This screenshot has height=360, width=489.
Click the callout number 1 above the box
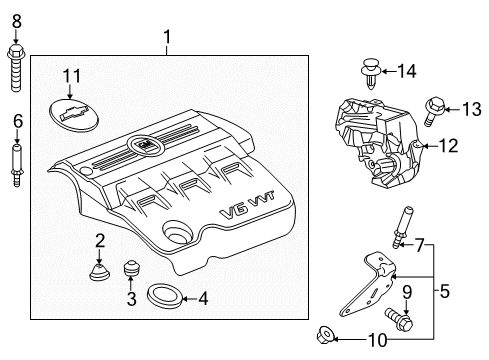[x=167, y=39]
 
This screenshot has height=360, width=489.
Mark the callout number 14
[x=406, y=70]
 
